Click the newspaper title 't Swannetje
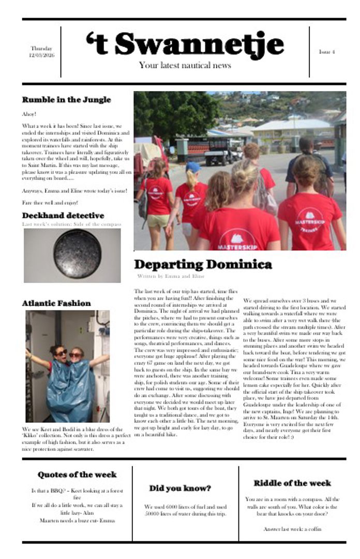[x=185, y=43]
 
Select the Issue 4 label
[x=326, y=52]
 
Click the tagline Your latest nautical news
[x=185, y=65]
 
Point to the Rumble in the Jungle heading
[x=66, y=99]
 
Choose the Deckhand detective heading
[x=63, y=215]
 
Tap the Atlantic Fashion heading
[x=56, y=303]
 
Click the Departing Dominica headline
[x=203, y=264]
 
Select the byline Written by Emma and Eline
[x=171, y=276]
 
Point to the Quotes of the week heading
[x=77, y=475]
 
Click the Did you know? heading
[x=180, y=488]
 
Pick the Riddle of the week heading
[x=292, y=483]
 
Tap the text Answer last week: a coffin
[x=292, y=529]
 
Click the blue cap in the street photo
[x=193, y=167]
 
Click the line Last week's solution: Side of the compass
[x=71, y=224]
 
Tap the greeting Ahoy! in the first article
[x=29, y=114]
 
